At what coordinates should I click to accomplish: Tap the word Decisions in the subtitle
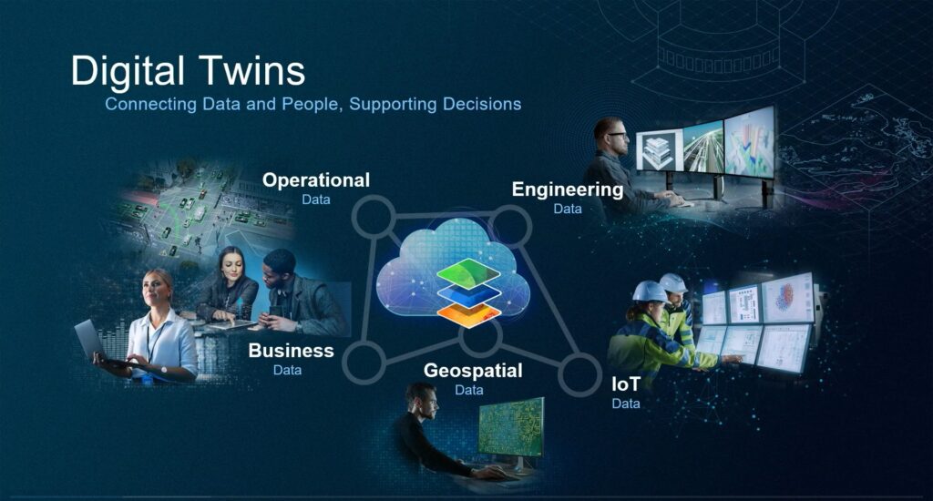point(481,104)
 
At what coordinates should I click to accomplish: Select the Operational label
point(316,180)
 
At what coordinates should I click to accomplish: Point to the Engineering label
point(568,189)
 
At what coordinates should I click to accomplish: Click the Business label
point(291,351)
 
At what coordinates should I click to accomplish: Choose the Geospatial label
point(473,371)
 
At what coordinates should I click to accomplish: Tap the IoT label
point(626,384)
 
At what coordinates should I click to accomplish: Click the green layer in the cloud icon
point(469,273)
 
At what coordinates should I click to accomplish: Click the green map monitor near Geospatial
point(511,427)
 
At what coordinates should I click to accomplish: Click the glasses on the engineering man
point(617,135)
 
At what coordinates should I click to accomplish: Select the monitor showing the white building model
point(659,150)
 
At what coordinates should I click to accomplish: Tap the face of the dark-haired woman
point(233,270)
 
